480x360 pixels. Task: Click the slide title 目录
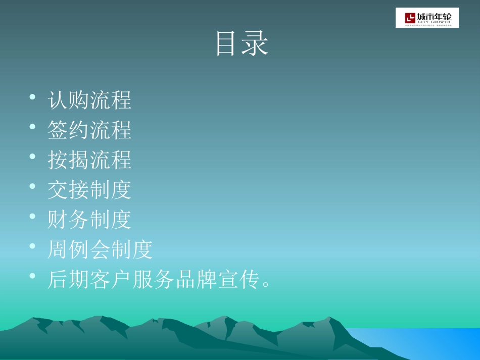tap(242, 44)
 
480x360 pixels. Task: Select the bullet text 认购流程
tap(89, 100)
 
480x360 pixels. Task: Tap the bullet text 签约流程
tap(89, 130)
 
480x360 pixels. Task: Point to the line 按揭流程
tap(89, 160)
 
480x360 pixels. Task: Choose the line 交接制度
tap(89, 189)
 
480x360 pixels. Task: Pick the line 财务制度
tap(89, 219)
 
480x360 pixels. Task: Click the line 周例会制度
tap(100, 249)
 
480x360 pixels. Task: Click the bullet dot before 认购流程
tap(32, 97)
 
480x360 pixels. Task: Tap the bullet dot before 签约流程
tap(32, 127)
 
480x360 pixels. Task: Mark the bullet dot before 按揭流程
tap(32, 157)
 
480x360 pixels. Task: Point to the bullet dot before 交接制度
tap(32, 186)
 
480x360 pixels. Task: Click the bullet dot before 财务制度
tap(32, 216)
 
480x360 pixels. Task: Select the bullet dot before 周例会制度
tap(32, 246)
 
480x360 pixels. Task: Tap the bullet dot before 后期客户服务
tap(32, 276)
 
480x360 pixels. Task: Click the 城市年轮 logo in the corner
tap(427, 18)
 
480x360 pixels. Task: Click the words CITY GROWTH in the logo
tap(434, 23)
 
